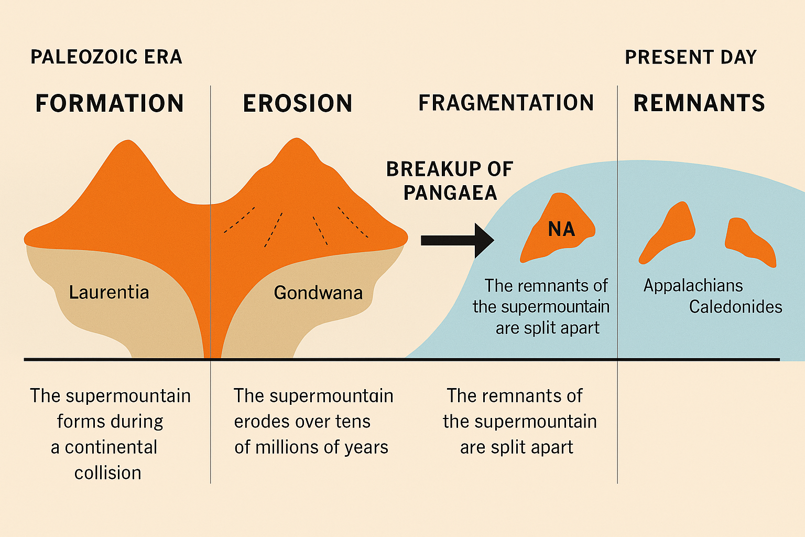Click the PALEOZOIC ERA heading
click(106, 57)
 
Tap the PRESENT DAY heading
click(691, 57)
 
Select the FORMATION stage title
click(110, 103)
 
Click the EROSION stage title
click(298, 103)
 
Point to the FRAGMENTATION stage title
click(506, 103)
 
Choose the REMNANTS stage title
click(699, 103)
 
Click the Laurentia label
click(109, 292)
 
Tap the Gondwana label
click(318, 292)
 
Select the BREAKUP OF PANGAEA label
click(450, 181)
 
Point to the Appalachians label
click(693, 285)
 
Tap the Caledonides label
click(735, 307)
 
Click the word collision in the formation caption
click(107, 473)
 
